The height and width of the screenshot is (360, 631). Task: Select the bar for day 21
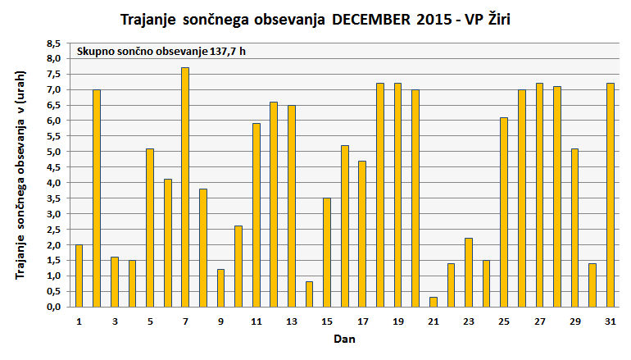(433, 302)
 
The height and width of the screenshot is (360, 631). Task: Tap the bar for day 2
(97, 198)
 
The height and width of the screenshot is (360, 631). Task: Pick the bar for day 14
(309, 294)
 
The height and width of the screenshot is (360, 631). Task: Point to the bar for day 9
(220, 288)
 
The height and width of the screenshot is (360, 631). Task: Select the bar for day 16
(344, 226)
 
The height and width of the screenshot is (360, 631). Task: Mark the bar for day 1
(79, 276)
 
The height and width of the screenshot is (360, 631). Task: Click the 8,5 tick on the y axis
(52, 43)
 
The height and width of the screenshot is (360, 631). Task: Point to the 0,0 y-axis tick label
(52, 307)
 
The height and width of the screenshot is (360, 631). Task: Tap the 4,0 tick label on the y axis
(52, 183)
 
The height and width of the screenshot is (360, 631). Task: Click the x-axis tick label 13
(291, 321)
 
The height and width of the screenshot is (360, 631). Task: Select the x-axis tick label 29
(574, 321)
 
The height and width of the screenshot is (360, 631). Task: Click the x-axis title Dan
(344, 338)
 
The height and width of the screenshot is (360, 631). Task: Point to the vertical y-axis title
(20, 175)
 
